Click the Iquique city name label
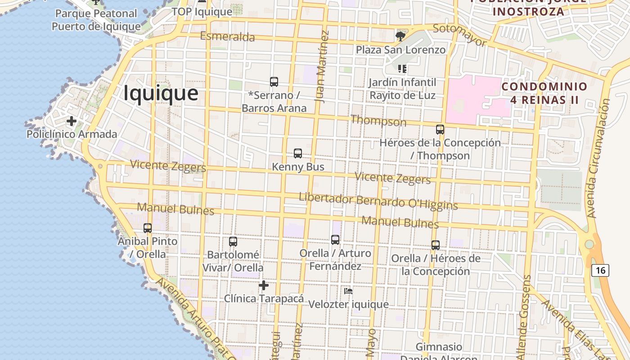point(161,93)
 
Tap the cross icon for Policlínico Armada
point(71,121)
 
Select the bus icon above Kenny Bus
point(298,153)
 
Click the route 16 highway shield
point(600,270)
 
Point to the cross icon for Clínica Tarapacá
point(264,285)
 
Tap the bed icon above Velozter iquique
point(348,291)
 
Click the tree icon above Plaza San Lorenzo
point(400,36)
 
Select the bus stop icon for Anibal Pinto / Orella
point(148,228)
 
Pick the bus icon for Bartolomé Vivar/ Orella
point(233,242)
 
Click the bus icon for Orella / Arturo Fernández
point(335,240)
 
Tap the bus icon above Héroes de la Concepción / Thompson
point(440,130)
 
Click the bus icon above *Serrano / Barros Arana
point(274,82)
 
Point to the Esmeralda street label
point(227,36)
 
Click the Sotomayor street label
point(459,35)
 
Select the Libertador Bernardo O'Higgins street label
point(378,201)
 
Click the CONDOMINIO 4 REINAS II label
point(544,93)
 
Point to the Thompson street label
point(378,121)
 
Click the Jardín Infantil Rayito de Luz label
point(402,89)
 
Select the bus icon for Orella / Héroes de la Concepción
point(436,245)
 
